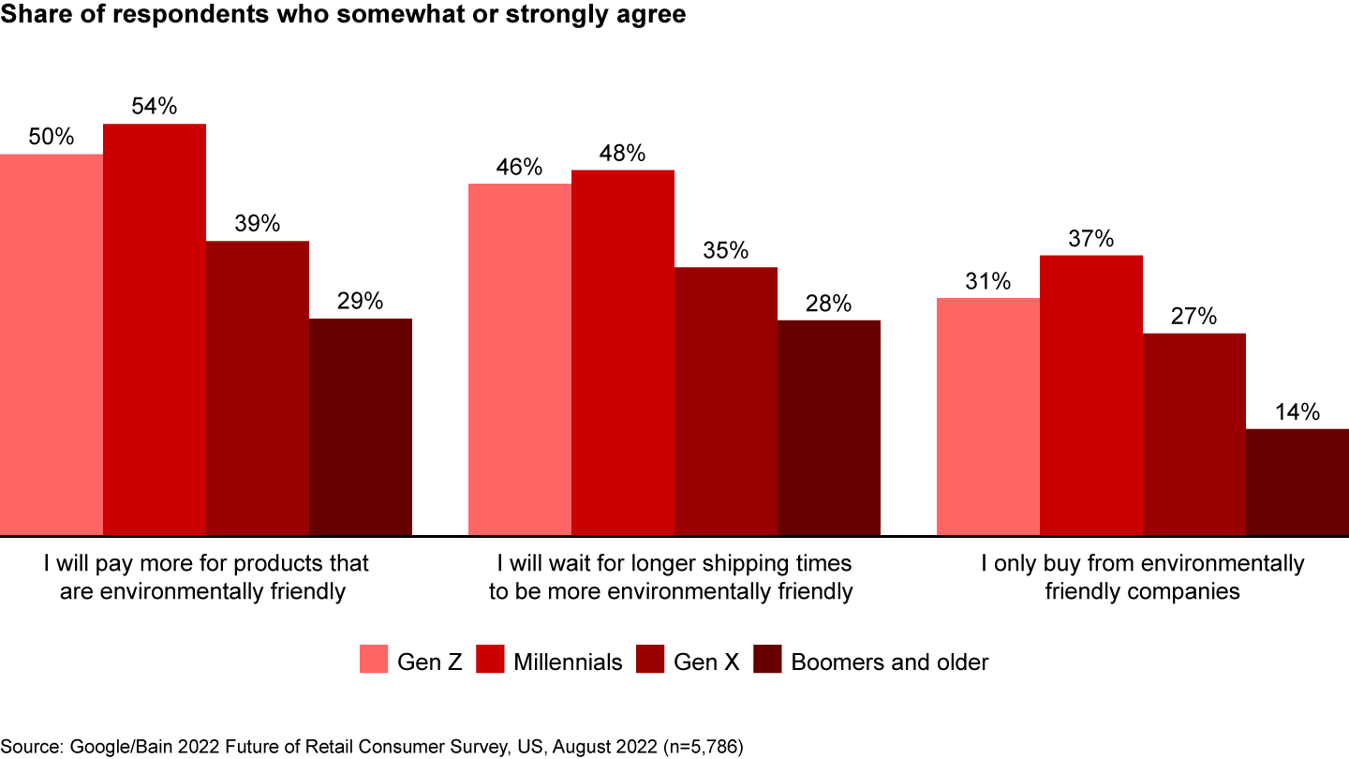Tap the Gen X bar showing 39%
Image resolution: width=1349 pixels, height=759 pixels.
click(258, 388)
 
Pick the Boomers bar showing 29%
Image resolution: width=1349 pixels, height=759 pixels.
click(361, 427)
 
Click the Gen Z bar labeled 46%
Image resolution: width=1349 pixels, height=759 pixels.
click(520, 360)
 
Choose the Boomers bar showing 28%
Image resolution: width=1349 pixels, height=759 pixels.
click(829, 428)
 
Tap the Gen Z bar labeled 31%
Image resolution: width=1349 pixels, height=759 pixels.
click(988, 417)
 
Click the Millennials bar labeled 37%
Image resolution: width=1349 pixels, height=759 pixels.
click(1091, 395)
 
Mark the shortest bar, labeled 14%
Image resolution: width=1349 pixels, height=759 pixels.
click(1297, 483)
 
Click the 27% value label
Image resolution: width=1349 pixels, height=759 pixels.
click(1193, 317)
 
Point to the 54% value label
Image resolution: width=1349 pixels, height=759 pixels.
click(155, 107)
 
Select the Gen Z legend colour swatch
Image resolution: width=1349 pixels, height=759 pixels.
click(374, 660)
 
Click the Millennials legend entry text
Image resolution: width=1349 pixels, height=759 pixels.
click(568, 662)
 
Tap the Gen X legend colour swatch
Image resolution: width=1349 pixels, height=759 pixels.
click(649, 660)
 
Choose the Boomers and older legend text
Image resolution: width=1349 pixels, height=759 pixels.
click(890, 662)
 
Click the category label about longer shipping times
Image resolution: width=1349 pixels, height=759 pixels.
click(674, 577)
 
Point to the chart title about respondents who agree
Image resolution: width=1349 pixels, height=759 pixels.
click(343, 17)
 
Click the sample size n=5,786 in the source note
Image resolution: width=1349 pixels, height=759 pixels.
click(701, 746)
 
